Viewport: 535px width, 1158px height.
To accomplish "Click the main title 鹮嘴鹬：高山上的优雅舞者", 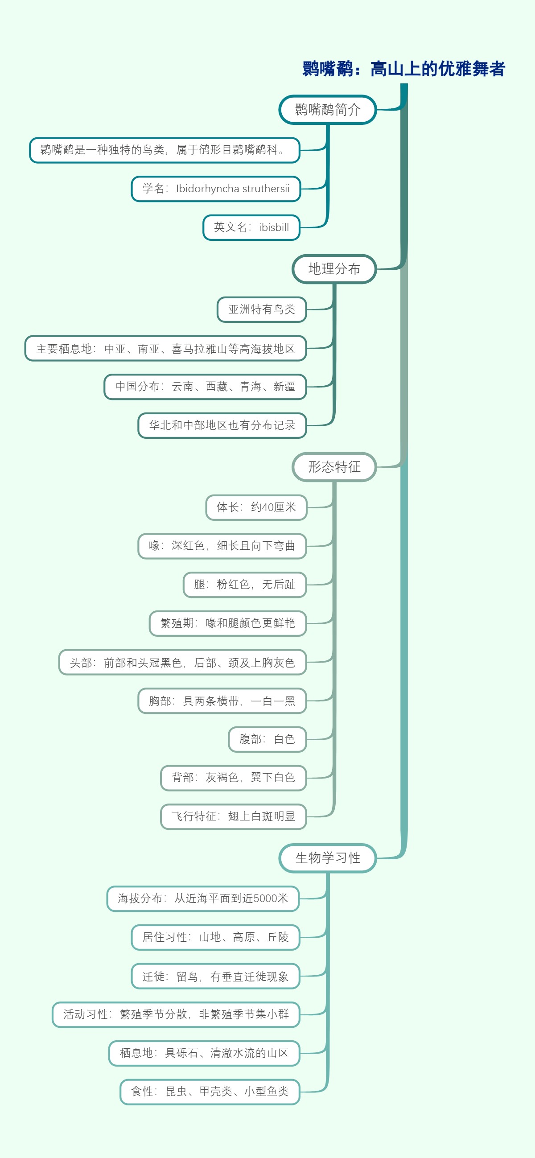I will point(403,69).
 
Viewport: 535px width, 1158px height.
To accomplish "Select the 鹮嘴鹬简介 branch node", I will point(327,110).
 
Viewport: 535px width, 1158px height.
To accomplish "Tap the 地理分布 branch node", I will point(334,269).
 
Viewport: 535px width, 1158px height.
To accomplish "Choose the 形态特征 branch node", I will point(334,466).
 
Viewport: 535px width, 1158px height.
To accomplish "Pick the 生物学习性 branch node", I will point(327,858).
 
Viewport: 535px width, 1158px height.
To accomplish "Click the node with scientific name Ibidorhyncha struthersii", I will point(216,189).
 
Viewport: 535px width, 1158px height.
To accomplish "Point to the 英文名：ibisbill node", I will point(251,227).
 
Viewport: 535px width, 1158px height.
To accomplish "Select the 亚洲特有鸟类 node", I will point(262,309).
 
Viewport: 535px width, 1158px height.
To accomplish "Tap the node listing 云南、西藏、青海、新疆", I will point(205,387).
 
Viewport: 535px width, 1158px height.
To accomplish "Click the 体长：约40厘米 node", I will point(256,507).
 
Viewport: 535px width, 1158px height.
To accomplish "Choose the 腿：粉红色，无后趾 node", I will point(245,585).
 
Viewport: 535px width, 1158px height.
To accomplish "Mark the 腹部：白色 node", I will point(267,739).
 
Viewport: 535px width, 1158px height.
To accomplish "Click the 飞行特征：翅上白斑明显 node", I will point(233,816).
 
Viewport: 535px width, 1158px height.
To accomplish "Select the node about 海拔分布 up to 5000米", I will point(203,898).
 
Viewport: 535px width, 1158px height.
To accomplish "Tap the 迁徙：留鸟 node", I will point(215,977).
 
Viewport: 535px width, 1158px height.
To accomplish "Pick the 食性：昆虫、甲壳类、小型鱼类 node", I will point(210,1092).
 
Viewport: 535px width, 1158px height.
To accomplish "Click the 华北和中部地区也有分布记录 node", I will point(222,425).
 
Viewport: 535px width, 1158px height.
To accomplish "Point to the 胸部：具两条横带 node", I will point(222,701).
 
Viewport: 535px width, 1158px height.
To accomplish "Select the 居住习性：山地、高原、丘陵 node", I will point(215,937).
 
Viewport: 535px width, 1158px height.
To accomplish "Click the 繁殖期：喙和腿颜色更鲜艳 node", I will point(227,623).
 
